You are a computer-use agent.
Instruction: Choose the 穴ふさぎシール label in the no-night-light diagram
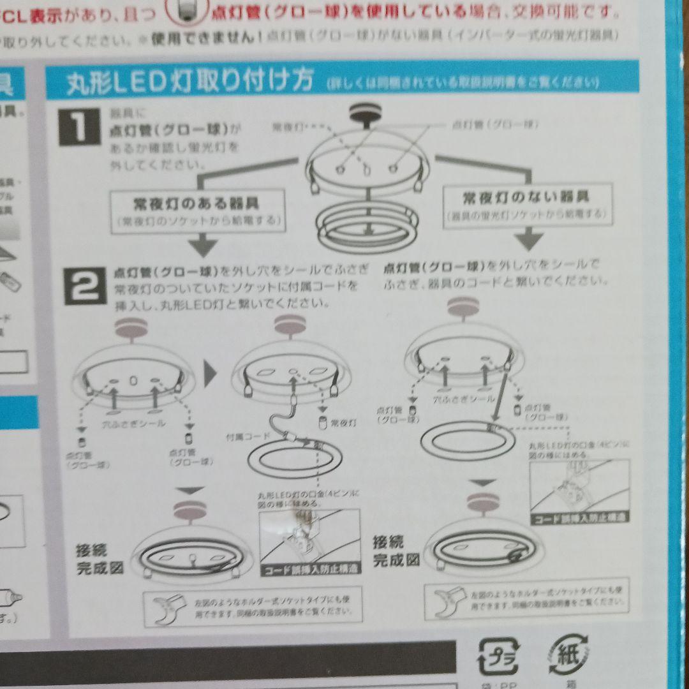[x=464, y=399]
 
